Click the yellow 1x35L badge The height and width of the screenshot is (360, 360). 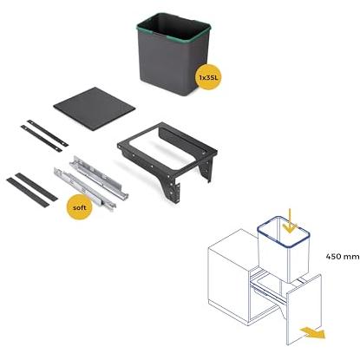208,77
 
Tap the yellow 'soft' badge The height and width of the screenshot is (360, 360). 80,207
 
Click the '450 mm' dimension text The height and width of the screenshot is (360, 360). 343,257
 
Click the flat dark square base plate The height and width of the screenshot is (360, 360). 95,108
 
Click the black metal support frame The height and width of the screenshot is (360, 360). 167,156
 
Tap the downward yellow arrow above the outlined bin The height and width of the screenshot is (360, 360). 291,220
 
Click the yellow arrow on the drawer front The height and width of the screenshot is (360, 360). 312,332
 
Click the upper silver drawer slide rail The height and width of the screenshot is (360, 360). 99,177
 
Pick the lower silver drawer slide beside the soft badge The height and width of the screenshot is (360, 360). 85,188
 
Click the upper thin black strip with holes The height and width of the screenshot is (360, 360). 48,133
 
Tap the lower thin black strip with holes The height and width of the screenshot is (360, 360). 42,139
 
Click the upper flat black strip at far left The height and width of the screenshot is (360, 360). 36,187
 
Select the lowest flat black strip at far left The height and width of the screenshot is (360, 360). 28,193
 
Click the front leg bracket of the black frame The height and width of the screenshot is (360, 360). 174,189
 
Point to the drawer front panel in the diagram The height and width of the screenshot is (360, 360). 304,310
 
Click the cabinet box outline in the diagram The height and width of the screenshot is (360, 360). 228,278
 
